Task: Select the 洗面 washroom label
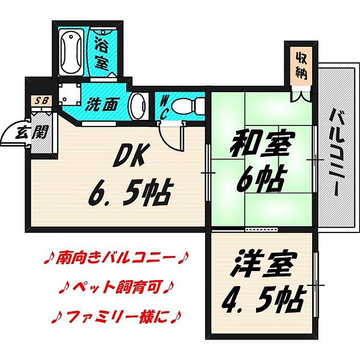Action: tap(100, 104)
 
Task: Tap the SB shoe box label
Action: tap(40, 101)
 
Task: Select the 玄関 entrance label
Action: tap(32, 133)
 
